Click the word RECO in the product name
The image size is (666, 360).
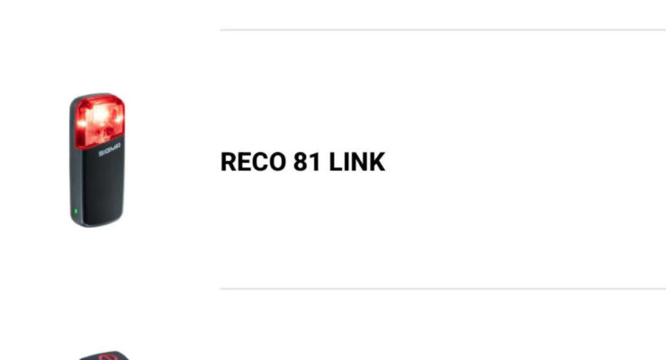click(x=253, y=162)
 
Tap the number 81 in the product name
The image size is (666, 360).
click(x=307, y=162)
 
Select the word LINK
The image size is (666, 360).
click(x=356, y=162)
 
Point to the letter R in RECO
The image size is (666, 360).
click(x=229, y=162)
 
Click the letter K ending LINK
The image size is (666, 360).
click(x=377, y=162)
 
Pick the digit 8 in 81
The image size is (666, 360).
click(x=301, y=162)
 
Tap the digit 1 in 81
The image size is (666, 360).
click(x=315, y=162)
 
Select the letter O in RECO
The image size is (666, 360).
click(x=278, y=162)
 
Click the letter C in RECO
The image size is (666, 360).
click(x=261, y=162)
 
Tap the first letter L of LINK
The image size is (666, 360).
click(x=336, y=162)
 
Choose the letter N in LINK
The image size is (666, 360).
click(x=359, y=162)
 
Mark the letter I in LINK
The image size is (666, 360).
click(x=346, y=162)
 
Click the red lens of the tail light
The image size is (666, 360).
click(x=100, y=121)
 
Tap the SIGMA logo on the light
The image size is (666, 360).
click(x=110, y=149)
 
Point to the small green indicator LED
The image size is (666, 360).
click(x=76, y=211)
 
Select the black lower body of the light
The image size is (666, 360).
click(x=102, y=187)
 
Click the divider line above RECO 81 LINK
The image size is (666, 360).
click(x=443, y=30)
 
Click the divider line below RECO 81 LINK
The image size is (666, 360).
click(x=443, y=289)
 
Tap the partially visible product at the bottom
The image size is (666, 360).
click(x=104, y=355)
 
